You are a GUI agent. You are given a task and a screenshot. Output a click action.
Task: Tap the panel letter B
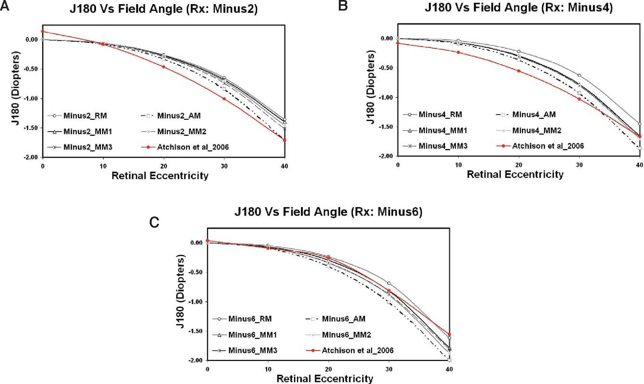tap(343, 6)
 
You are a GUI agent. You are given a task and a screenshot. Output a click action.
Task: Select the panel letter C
tap(154, 222)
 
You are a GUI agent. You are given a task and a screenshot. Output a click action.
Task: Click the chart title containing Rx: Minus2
tap(163, 9)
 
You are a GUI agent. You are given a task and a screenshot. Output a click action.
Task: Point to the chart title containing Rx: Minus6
tap(328, 212)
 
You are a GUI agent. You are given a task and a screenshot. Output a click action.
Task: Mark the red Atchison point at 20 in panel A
tap(163, 67)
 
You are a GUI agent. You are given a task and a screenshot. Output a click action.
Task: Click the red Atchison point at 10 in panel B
tap(458, 52)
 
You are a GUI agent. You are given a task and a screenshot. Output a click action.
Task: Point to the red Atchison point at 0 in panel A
tap(43, 31)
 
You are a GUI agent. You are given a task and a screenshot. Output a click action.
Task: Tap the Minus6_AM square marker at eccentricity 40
tap(449, 360)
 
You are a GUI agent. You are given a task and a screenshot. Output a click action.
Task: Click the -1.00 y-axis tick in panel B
tap(386, 97)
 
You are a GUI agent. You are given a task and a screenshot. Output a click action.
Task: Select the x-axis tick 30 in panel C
tap(389, 369)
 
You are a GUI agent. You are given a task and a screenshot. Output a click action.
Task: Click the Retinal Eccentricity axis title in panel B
tap(515, 175)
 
